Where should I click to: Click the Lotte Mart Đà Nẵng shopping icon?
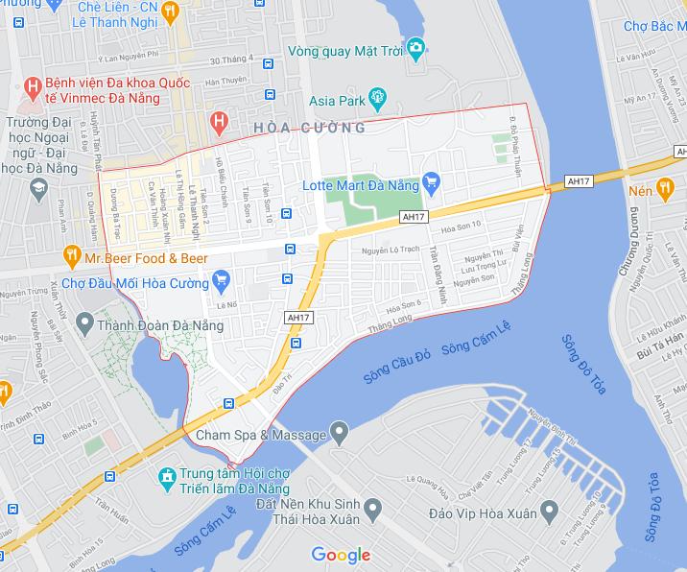tap(431, 179)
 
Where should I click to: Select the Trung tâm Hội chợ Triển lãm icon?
tap(166, 475)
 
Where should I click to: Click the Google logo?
tap(341, 555)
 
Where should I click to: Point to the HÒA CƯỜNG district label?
tap(311, 128)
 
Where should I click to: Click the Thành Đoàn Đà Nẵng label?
tap(160, 326)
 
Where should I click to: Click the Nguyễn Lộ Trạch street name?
tap(393, 250)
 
